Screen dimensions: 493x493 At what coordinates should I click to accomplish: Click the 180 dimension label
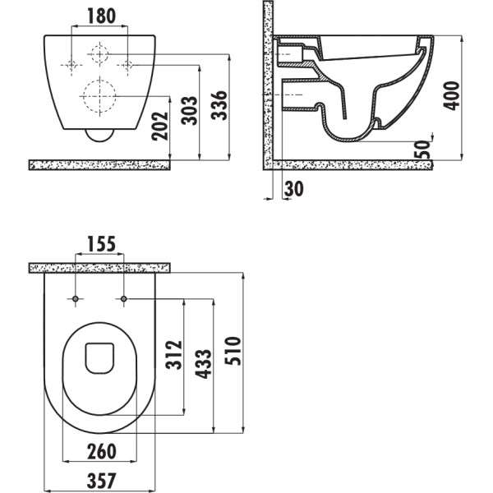(x=101, y=16)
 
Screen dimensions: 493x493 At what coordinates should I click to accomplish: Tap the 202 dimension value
(x=160, y=126)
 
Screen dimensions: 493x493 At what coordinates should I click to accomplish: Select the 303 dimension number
(x=189, y=110)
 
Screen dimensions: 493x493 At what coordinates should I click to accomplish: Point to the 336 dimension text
(x=219, y=105)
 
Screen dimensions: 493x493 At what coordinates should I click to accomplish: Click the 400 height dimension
(x=451, y=95)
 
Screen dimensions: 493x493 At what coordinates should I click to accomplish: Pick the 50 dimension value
(x=422, y=150)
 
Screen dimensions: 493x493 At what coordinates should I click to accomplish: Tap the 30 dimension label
(x=293, y=189)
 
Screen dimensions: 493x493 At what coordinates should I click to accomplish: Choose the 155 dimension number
(x=101, y=244)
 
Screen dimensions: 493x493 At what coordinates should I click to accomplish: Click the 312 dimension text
(x=174, y=354)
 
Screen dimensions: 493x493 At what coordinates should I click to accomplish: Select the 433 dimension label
(x=204, y=364)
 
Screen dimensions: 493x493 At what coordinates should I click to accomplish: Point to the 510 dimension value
(x=233, y=351)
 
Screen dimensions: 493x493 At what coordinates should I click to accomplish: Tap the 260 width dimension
(x=102, y=451)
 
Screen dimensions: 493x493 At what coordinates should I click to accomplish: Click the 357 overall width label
(x=102, y=481)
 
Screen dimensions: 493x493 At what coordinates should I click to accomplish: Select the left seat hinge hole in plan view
(x=76, y=299)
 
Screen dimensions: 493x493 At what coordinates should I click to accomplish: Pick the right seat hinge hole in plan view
(x=124, y=299)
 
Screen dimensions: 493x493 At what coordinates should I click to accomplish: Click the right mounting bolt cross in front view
(x=127, y=66)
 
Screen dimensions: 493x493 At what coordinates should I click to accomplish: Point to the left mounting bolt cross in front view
(x=71, y=66)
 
